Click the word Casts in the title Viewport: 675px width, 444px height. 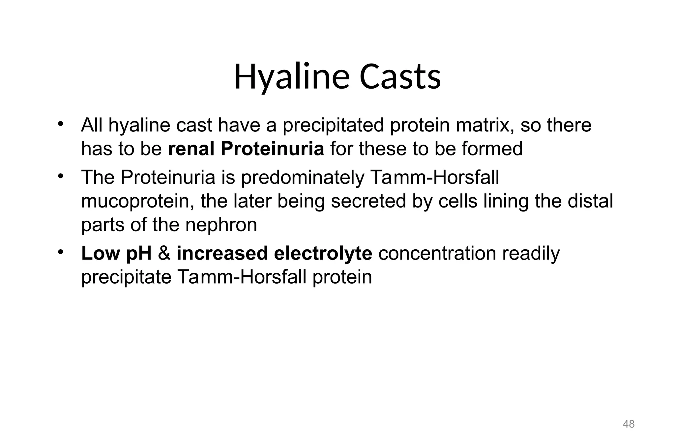400,77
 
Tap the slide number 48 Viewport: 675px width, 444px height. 629,424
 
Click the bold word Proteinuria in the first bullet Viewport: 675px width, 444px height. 272,149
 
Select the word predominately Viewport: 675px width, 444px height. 303,177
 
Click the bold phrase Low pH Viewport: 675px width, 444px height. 116,253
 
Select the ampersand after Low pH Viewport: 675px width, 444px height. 164,253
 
